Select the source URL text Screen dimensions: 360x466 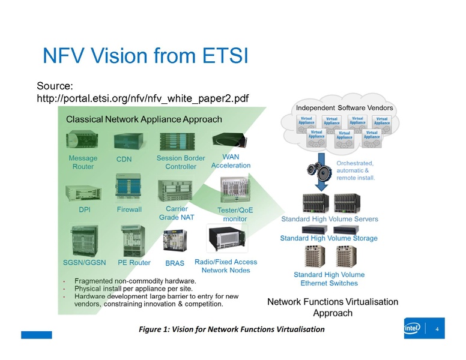click(143, 98)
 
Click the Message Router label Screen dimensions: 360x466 click(83, 162)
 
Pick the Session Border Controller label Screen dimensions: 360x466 click(177, 162)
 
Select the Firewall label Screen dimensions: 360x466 click(129, 210)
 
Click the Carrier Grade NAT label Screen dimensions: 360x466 click(177, 213)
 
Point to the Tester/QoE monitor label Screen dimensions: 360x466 click(235, 214)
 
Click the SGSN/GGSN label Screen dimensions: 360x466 click(85, 263)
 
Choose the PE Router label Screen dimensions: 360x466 click(134, 263)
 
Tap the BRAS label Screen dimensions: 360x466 click(174, 263)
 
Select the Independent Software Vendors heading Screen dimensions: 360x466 click(345, 107)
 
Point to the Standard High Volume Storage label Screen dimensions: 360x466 click(329, 238)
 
